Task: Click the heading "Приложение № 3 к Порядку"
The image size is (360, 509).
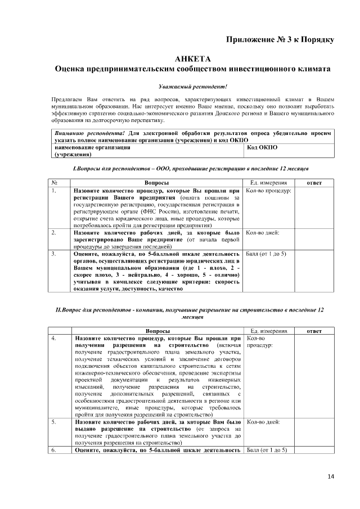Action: pyautogui.click(x=280, y=39)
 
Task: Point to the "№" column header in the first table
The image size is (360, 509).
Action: pyautogui.click(x=55, y=183)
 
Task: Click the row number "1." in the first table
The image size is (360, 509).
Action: pyautogui.click(x=54, y=191)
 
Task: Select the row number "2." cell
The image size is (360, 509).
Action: pyautogui.click(x=54, y=232)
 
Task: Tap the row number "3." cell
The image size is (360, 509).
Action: pyautogui.click(x=54, y=254)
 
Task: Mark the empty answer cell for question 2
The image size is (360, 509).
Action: pyautogui.click(x=314, y=239)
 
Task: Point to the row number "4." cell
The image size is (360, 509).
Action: pyautogui.click(x=54, y=339)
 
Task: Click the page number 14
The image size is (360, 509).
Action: pyautogui.click(x=330, y=477)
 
